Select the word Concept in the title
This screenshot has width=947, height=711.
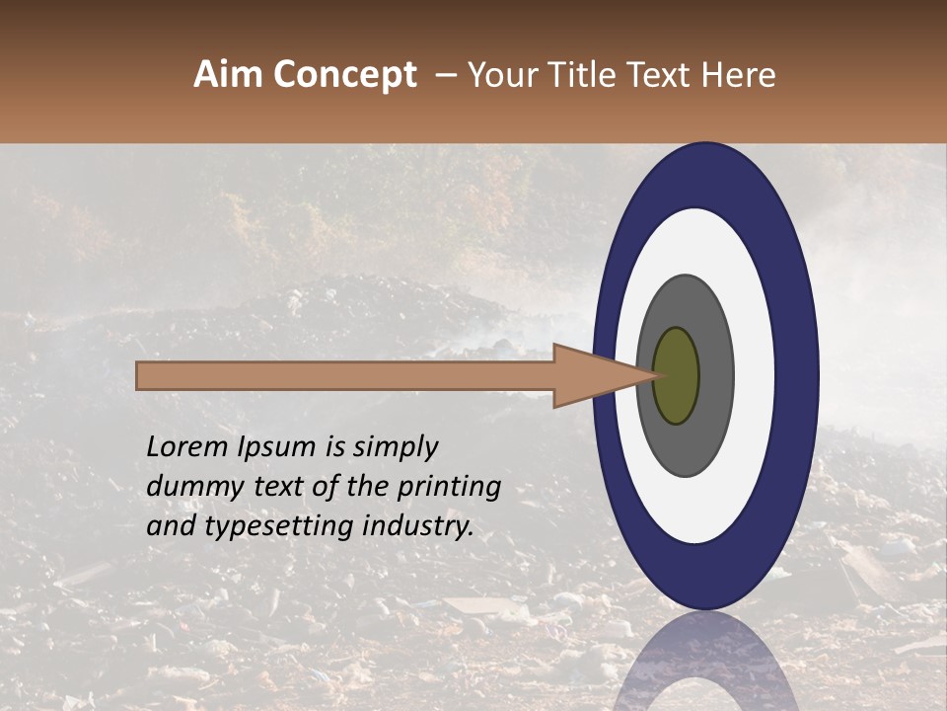[x=344, y=75]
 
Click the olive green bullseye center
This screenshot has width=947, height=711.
[x=676, y=375]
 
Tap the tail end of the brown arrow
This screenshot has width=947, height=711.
[x=139, y=375]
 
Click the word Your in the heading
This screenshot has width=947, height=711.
[x=498, y=75]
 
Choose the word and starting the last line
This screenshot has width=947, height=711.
[x=170, y=526]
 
